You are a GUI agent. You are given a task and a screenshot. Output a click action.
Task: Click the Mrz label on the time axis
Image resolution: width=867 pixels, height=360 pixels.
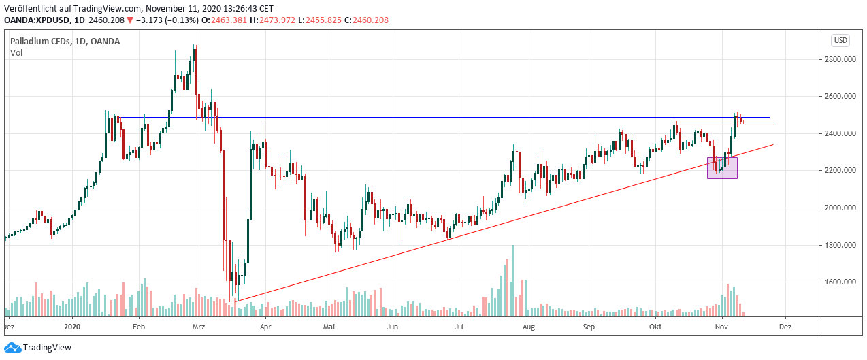199,326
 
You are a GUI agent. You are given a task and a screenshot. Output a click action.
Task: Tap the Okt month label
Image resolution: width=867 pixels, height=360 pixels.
655,326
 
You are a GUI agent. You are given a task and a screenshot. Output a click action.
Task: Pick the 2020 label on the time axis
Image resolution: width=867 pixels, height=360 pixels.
73,326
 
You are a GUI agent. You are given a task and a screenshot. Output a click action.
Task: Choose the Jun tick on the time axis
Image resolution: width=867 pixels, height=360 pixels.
393,326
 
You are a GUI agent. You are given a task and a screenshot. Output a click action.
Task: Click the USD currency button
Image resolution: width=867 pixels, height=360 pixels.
840,40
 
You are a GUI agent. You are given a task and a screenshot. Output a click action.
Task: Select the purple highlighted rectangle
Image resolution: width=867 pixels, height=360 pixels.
722,168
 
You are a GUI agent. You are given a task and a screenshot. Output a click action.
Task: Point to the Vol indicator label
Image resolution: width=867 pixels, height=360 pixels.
16,53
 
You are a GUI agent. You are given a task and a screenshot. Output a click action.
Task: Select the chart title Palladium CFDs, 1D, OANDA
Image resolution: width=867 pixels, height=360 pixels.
65,42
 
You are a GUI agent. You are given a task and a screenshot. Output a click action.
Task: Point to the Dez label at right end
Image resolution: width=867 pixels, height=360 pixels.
785,326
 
